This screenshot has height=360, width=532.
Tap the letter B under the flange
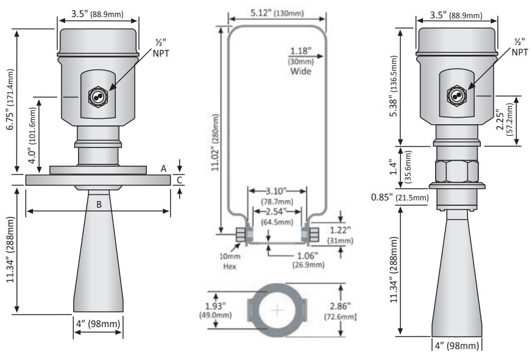tap(99, 205)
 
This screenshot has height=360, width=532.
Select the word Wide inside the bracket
tap(300, 71)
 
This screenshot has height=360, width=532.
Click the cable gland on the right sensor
tap(455, 95)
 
